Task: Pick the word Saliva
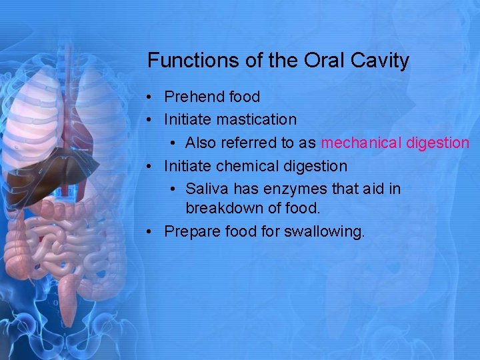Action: pyautogui.click(x=205, y=189)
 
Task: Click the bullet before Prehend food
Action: pyautogui.click(x=152, y=97)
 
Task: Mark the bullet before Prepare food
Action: pyautogui.click(x=152, y=231)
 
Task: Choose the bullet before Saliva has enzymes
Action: pyautogui.click(x=173, y=189)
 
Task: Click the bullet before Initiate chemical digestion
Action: pyautogui.click(x=152, y=165)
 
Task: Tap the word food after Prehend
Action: pyautogui.click(x=245, y=97)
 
